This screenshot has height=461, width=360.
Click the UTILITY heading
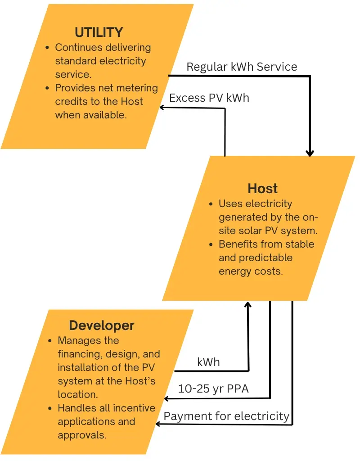[99, 32]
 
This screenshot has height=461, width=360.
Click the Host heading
[263, 188]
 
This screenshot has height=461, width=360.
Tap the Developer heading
[102, 325]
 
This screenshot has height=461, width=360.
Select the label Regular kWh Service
[242, 67]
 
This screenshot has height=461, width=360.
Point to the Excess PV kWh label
[209, 98]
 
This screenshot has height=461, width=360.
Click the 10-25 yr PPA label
[213, 389]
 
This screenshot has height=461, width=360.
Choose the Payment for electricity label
[226, 416]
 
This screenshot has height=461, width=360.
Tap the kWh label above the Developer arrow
[208, 362]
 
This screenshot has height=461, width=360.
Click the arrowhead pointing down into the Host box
[310, 153]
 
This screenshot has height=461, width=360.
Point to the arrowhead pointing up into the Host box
[247, 305]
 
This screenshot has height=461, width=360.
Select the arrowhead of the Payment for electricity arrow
[158, 424]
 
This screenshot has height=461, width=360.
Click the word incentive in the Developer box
[134, 408]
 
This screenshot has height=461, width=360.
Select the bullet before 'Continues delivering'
[48, 47]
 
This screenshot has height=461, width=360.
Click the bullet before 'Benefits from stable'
[211, 244]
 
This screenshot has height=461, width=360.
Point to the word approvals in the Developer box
[79, 435]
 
